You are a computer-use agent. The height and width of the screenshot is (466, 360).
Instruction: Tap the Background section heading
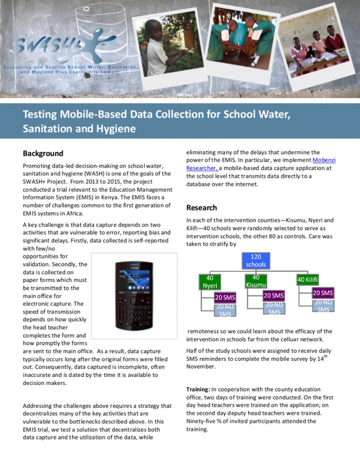coord(43,154)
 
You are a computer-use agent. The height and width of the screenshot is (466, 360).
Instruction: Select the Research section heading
coord(201,208)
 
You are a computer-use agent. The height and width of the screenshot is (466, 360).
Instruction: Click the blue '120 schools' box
coord(256,260)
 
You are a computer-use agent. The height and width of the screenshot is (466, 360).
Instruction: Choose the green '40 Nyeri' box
coord(210,281)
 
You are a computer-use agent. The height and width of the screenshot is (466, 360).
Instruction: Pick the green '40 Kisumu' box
coord(256,281)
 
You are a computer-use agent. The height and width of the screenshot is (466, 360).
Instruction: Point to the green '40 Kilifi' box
coord(308,279)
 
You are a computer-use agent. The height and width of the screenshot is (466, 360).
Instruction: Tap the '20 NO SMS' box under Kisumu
coord(274,308)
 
